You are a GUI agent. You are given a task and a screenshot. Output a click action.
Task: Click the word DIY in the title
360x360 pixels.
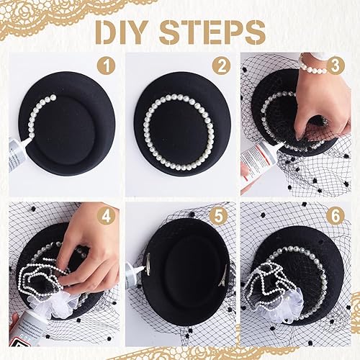coord(122,32)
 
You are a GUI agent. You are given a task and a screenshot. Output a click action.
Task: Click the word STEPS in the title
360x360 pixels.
coord(212,32)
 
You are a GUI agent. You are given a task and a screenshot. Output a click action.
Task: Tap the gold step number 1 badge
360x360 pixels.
coord(106,66)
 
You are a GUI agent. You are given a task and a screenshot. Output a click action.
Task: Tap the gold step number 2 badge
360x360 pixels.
coord(221,66)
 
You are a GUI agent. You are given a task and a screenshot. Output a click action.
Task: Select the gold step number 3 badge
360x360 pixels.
coord(336,66)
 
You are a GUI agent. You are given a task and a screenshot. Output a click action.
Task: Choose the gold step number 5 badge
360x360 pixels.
coord(218,215)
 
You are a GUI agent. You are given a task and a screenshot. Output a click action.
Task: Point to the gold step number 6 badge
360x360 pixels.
coord(336,215)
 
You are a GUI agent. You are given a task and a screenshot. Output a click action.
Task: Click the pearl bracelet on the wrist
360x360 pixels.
coord(312,67)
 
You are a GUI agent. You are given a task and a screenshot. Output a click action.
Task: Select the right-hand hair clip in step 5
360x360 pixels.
coord(223,276)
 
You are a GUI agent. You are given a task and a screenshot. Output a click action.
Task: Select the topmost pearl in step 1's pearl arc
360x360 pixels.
coord(53,97)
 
